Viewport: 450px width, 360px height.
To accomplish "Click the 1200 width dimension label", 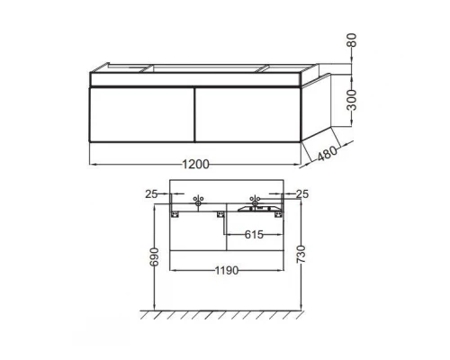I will click(x=196, y=164).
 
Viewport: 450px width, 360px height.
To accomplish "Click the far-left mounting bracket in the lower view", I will click(x=176, y=212).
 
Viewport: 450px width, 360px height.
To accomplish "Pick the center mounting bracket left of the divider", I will click(x=219, y=212).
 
